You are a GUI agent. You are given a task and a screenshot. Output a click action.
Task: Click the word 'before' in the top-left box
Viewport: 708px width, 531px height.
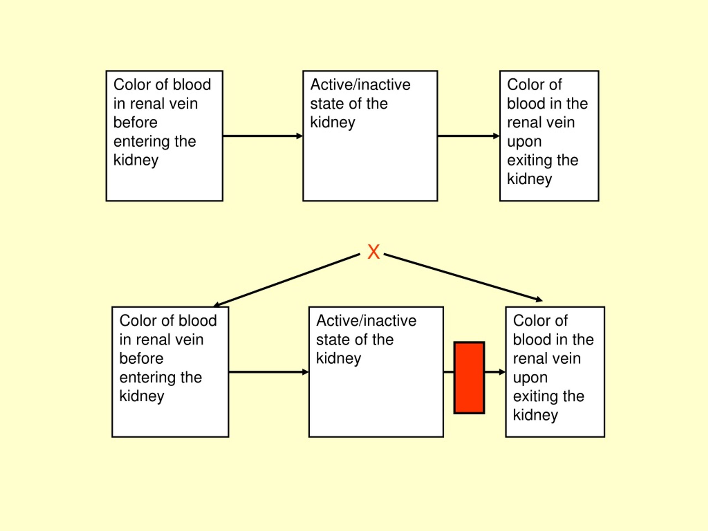click(136, 122)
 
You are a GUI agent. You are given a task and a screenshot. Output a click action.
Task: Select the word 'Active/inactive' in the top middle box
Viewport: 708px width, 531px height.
click(360, 85)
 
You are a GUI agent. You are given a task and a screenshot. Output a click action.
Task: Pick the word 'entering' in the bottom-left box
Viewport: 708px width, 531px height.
click(147, 377)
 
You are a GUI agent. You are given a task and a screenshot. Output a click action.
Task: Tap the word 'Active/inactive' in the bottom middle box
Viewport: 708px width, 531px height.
click(366, 320)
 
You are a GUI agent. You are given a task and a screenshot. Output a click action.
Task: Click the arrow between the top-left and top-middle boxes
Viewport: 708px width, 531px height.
click(263, 136)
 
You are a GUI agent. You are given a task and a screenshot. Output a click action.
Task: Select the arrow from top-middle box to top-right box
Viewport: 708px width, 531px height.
click(468, 136)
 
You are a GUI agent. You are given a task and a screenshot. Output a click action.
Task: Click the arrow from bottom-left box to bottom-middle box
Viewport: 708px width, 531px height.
click(269, 372)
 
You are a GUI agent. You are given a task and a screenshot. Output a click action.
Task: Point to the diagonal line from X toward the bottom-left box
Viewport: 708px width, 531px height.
click(287, 280)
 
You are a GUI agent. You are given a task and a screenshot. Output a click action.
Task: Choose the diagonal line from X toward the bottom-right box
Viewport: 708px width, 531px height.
click(463, 277)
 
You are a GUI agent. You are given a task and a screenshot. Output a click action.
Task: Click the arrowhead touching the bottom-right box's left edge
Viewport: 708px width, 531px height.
click(502, 372)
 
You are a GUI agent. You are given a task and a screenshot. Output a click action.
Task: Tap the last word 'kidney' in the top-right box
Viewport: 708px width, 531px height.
click(529, 179)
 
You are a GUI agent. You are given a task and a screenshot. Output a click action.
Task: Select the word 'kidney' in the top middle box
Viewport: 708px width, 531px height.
click(332, 123)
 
